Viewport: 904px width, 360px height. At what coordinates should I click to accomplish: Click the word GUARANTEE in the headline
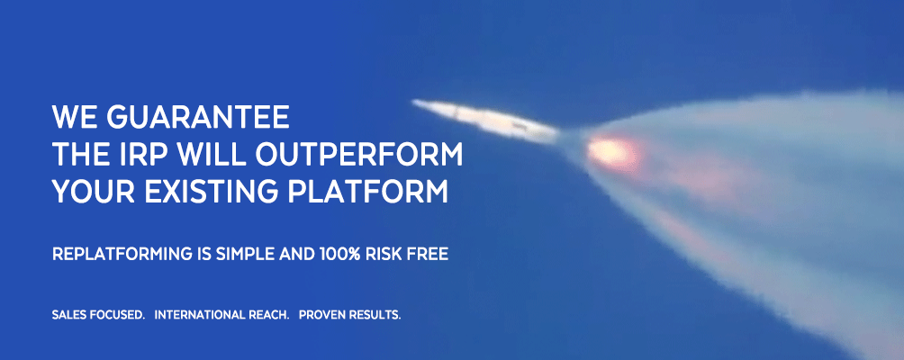pos(198,117)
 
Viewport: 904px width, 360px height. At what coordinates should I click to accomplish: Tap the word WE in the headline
pos(75,117)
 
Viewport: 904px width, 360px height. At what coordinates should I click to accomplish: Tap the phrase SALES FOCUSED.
pos(98,316)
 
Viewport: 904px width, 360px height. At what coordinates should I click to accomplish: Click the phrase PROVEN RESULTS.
pos(349,316)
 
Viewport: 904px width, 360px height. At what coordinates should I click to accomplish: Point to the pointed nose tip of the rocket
pos(417,103)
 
